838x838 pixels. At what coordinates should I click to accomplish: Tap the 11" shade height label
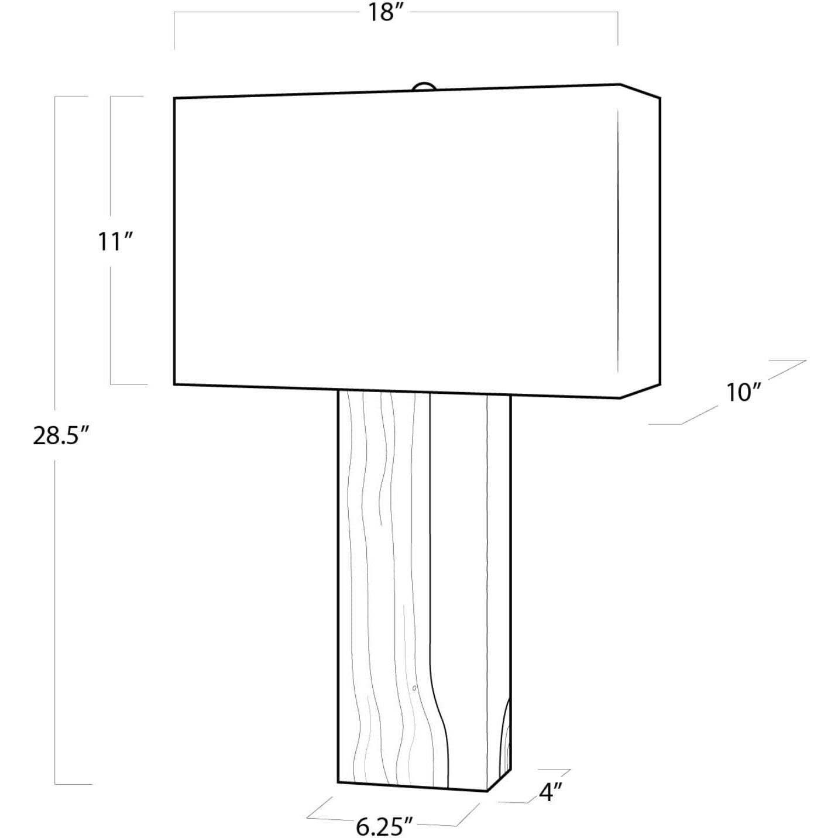point(115,241)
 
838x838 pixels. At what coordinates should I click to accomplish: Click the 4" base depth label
point(550,792)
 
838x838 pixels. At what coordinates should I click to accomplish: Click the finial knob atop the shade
point(424,87)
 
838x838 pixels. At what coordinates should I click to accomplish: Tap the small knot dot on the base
point(414,688)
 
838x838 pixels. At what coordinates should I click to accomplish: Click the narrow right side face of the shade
point(640,241)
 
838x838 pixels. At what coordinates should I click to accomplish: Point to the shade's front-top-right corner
point(620,85)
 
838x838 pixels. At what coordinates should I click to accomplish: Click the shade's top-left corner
point(175,98)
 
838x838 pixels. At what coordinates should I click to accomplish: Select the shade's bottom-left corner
point(175,384)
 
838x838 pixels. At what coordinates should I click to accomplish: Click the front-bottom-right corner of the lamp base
point(487,791)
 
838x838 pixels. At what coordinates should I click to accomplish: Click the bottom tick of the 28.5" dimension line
point(73,784)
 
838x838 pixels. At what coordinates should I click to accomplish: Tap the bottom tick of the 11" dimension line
point(128,384)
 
